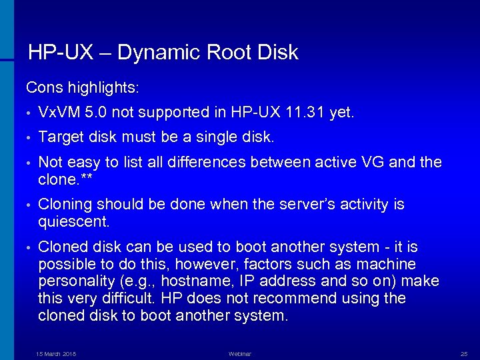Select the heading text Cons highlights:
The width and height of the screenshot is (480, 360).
(83, 87)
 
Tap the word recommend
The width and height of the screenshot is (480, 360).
(296, 298)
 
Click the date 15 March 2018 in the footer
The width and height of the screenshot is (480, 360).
(56, 353)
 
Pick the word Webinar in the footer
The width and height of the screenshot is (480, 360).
(240, 353)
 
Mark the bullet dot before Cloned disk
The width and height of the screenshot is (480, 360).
(29, 247)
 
